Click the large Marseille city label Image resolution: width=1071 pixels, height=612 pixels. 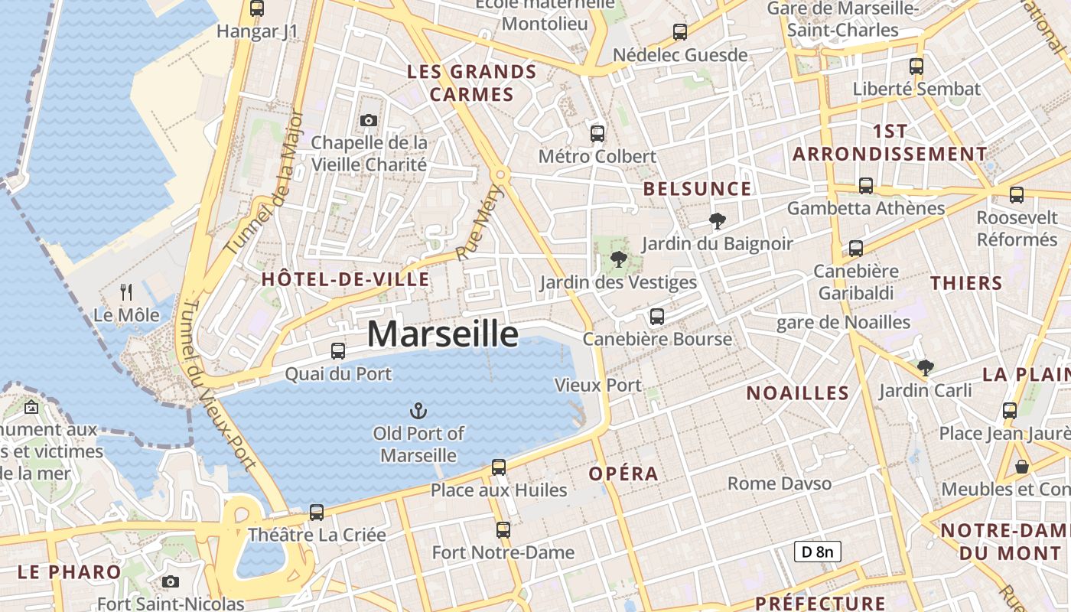[443, 334]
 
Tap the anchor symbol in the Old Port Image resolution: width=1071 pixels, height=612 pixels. [418, 412]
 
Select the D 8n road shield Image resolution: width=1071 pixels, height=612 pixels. [817, 551]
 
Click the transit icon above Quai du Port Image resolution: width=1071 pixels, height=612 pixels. [337, 351]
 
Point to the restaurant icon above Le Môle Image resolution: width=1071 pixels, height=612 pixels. [126, 291]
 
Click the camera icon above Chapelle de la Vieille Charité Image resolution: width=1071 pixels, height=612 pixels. [369, 120]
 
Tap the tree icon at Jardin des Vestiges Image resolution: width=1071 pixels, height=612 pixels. [619, 259]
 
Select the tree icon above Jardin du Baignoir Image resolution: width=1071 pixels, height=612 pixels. [717, 222]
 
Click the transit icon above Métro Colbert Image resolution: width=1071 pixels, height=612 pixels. [597, 134]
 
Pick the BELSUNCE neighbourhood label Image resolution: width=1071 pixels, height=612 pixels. [697, 189]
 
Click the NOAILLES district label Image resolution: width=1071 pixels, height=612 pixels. [798, 393]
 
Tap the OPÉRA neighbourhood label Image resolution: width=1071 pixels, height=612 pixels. [623, 474]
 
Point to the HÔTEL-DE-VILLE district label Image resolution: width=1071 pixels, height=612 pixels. [346, 279]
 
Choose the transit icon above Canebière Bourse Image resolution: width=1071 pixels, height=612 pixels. [656, 316]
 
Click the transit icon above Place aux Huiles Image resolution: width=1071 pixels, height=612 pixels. [499, 467]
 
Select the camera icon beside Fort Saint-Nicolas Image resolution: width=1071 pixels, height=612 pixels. [171, 582]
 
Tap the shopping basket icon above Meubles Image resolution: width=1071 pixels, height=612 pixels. [1021, 467]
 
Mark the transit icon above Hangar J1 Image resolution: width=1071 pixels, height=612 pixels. [257, 9]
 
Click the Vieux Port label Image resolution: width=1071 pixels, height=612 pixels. [598, 385]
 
